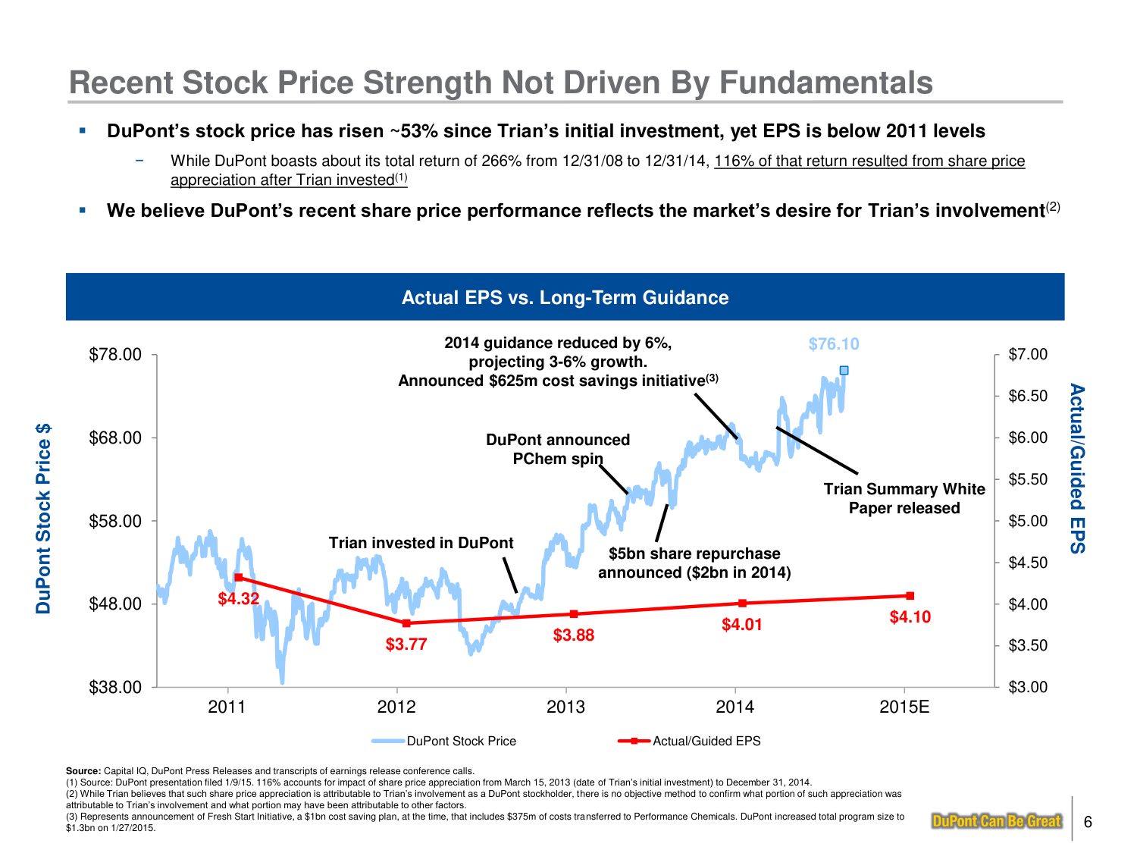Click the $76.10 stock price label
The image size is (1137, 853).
[834, 344]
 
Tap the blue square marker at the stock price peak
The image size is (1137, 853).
[844, 370]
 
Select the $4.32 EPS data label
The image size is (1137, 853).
[239, 599]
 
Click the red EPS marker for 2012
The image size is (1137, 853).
[406, 623]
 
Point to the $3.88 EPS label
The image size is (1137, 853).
[574, 635]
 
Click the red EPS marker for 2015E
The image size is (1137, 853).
[910, 596]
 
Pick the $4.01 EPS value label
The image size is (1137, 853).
[742, 625]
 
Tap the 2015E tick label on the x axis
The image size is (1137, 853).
[904, 707]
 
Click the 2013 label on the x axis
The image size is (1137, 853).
[565, 707]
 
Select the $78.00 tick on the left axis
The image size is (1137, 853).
[115, 355]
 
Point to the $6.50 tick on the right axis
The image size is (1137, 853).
[1028, 397]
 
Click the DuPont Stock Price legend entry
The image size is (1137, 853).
[461, 741]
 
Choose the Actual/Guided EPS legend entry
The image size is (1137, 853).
[706, 741]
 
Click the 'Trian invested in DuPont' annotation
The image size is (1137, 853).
[421, 543]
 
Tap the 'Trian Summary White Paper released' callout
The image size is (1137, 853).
[904, 499]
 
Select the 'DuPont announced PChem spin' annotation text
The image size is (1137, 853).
[558, 449]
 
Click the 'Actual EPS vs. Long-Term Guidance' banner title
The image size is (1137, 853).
[565, 297]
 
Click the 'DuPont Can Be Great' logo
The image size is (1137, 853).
[996, 821]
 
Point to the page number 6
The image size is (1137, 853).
[1088, 822]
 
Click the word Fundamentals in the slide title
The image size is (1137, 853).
[825, 83]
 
